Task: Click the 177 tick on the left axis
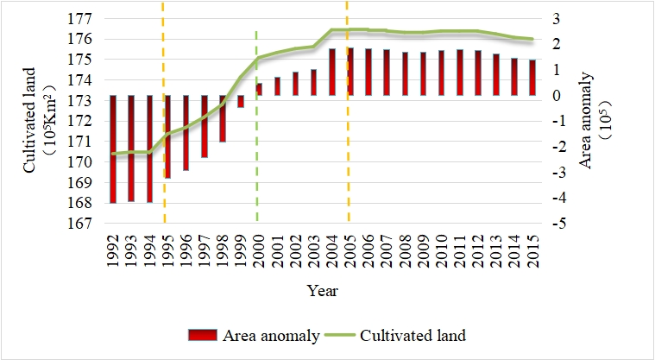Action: [x=81, y=18]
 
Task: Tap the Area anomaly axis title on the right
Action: [x=597, y=121]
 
